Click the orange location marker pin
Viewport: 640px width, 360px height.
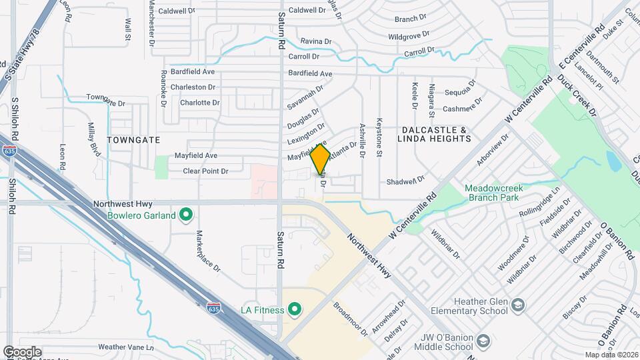point(320,159)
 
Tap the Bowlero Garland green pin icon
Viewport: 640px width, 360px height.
point(187,215)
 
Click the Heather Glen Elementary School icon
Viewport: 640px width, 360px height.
point(518,305)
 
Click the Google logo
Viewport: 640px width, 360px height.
point(22,351)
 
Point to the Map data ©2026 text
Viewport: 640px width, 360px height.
point(611,355)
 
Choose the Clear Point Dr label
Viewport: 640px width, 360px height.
point(206,171)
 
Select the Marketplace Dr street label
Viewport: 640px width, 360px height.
point(207,251)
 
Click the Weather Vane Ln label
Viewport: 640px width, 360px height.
point(126,347)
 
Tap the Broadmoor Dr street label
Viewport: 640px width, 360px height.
point(351,319)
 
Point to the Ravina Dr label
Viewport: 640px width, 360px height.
point(315,41)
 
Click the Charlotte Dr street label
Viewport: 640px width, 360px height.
point(200,103)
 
